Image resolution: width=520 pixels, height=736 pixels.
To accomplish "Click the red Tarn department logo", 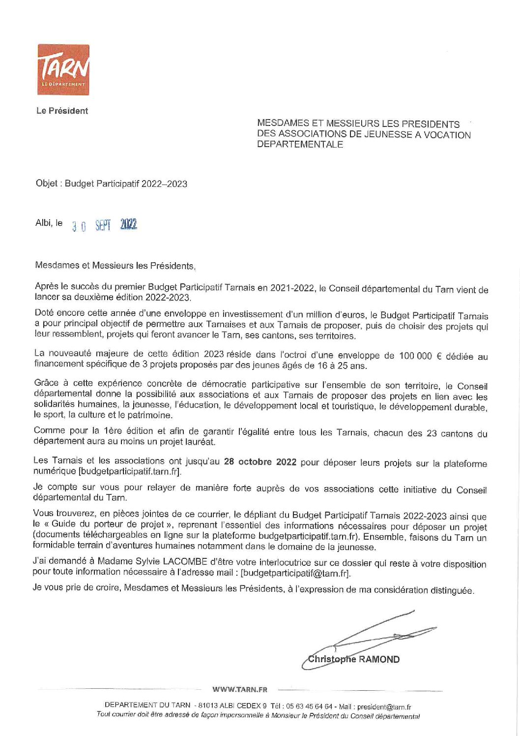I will (x=63, y=69).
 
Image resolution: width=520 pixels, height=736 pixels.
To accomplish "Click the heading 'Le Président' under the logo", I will (x=62, y=111).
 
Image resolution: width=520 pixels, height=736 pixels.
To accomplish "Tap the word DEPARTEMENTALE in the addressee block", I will (x=300, y=145).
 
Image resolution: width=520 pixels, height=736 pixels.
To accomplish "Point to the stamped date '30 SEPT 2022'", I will (x=105, y=225).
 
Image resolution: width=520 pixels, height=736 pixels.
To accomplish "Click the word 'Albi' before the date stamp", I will (x=43, y=223).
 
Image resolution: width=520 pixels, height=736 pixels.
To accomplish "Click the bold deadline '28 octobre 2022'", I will (x=260, y=461).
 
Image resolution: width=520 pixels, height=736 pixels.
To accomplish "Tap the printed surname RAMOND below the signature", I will (x=379, y=660).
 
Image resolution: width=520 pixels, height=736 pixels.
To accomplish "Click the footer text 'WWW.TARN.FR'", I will (x=240, y=689).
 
